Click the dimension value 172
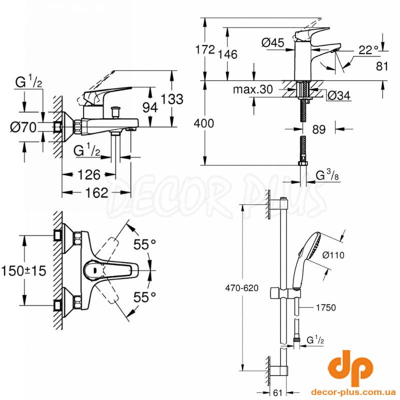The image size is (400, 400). (x=205, y=49)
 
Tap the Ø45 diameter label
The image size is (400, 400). (x=272, y=43)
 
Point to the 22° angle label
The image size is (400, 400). (x=368, y=49)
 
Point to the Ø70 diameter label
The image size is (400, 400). (x=23, y=127)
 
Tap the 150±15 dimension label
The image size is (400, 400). (x=23, y=271)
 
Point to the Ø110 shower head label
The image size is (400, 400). (x=333, y=255)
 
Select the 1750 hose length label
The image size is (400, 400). (x=325, y=308)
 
